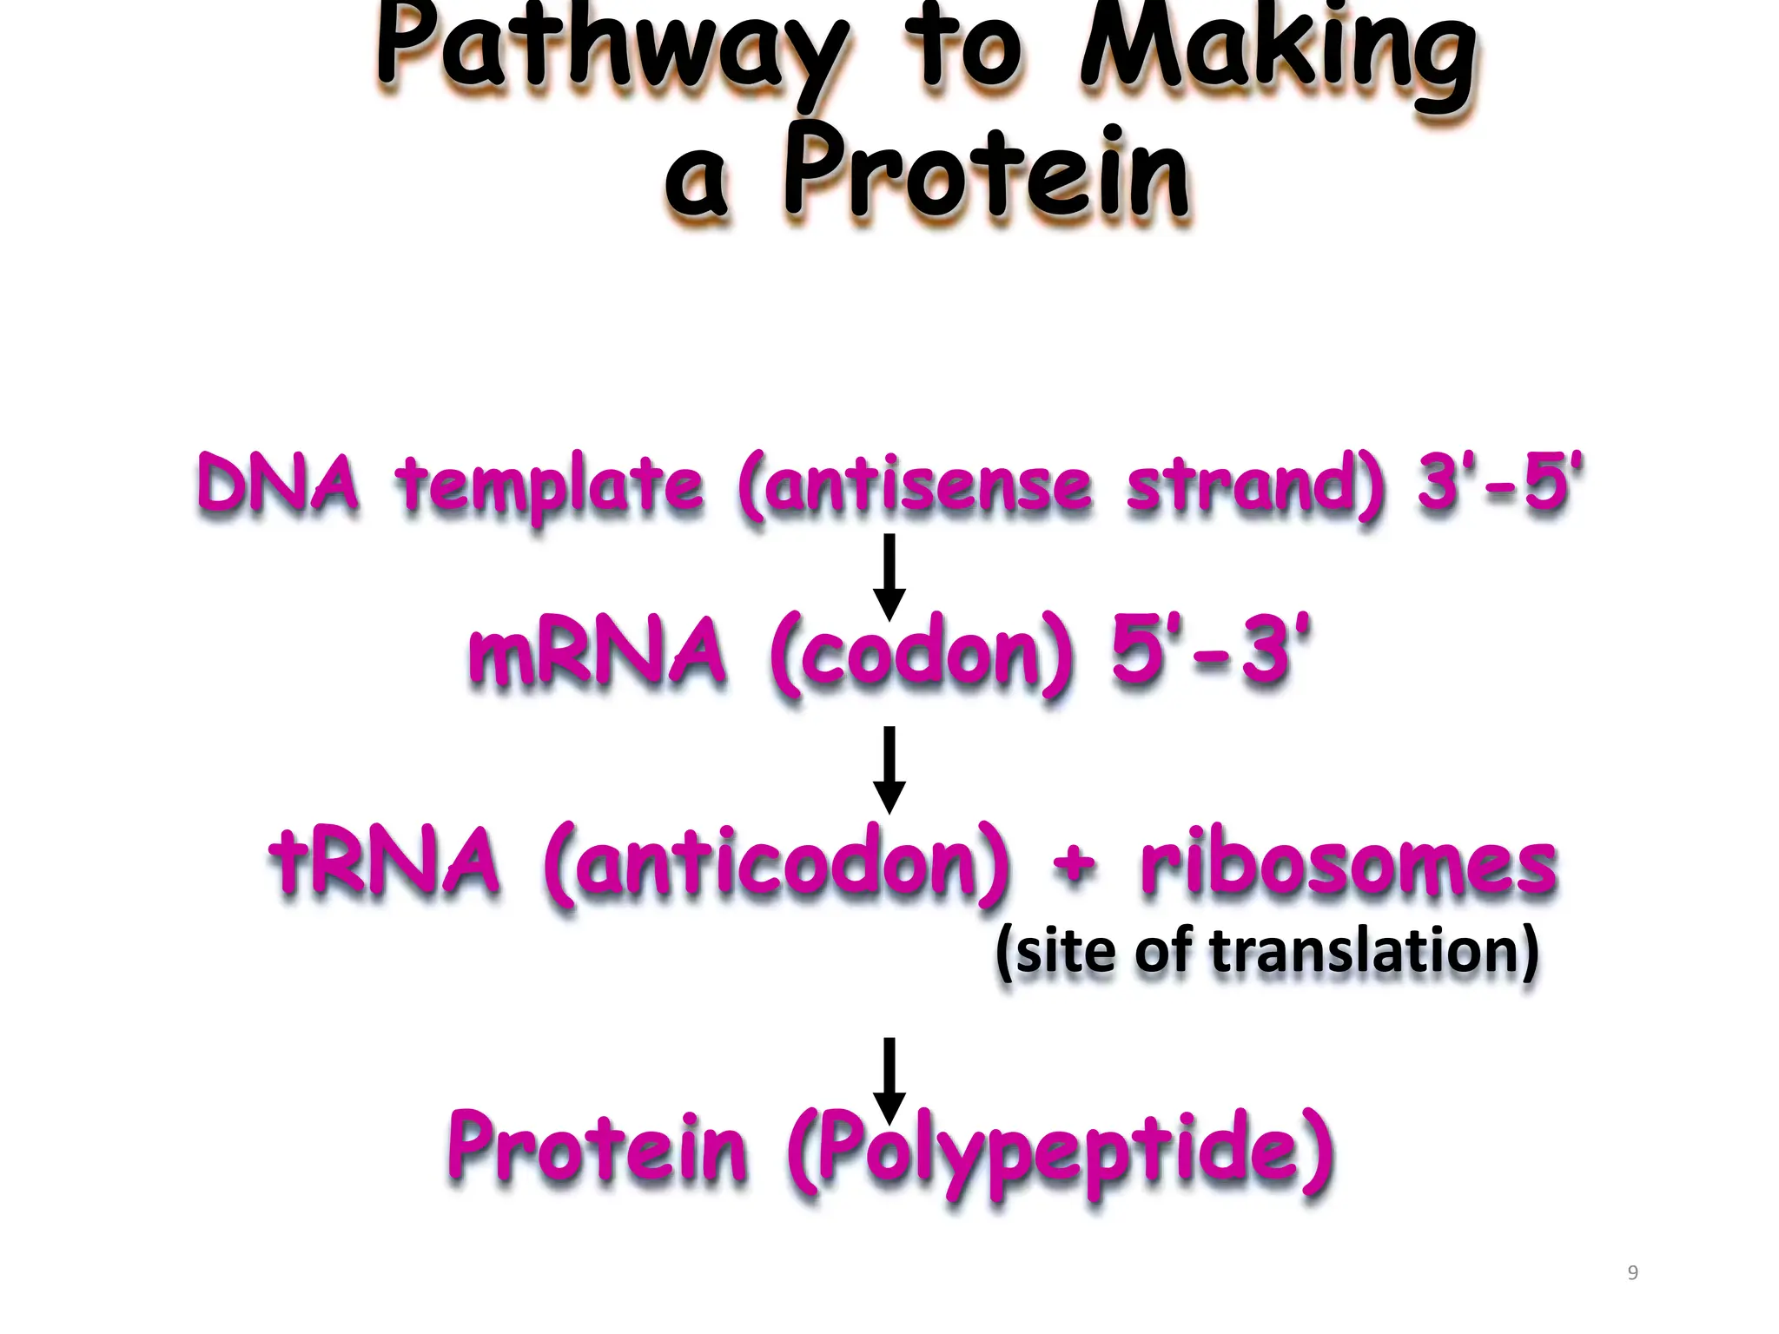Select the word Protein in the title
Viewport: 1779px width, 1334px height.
986,174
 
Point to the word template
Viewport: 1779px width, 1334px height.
549,486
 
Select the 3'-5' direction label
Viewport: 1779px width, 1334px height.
1498,482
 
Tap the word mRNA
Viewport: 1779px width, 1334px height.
597,653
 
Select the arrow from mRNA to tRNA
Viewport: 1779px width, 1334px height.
889,769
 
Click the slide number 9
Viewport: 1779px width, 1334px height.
1632,1273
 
